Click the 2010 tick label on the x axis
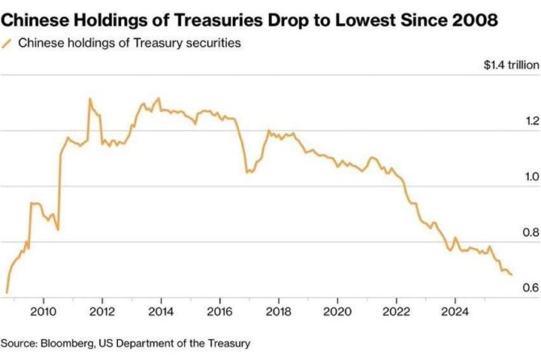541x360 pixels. [43, 311]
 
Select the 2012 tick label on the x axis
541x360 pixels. [102, 311]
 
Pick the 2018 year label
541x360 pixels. [279, 311]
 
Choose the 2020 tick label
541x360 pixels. [338, 311]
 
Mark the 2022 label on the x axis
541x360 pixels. [396, 311]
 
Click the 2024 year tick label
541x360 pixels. [455, 311]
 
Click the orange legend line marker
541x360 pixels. [7, 44]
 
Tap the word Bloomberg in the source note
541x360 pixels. [65, 342]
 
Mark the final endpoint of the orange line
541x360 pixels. [511, 274]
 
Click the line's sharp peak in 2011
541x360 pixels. [90, 99]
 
